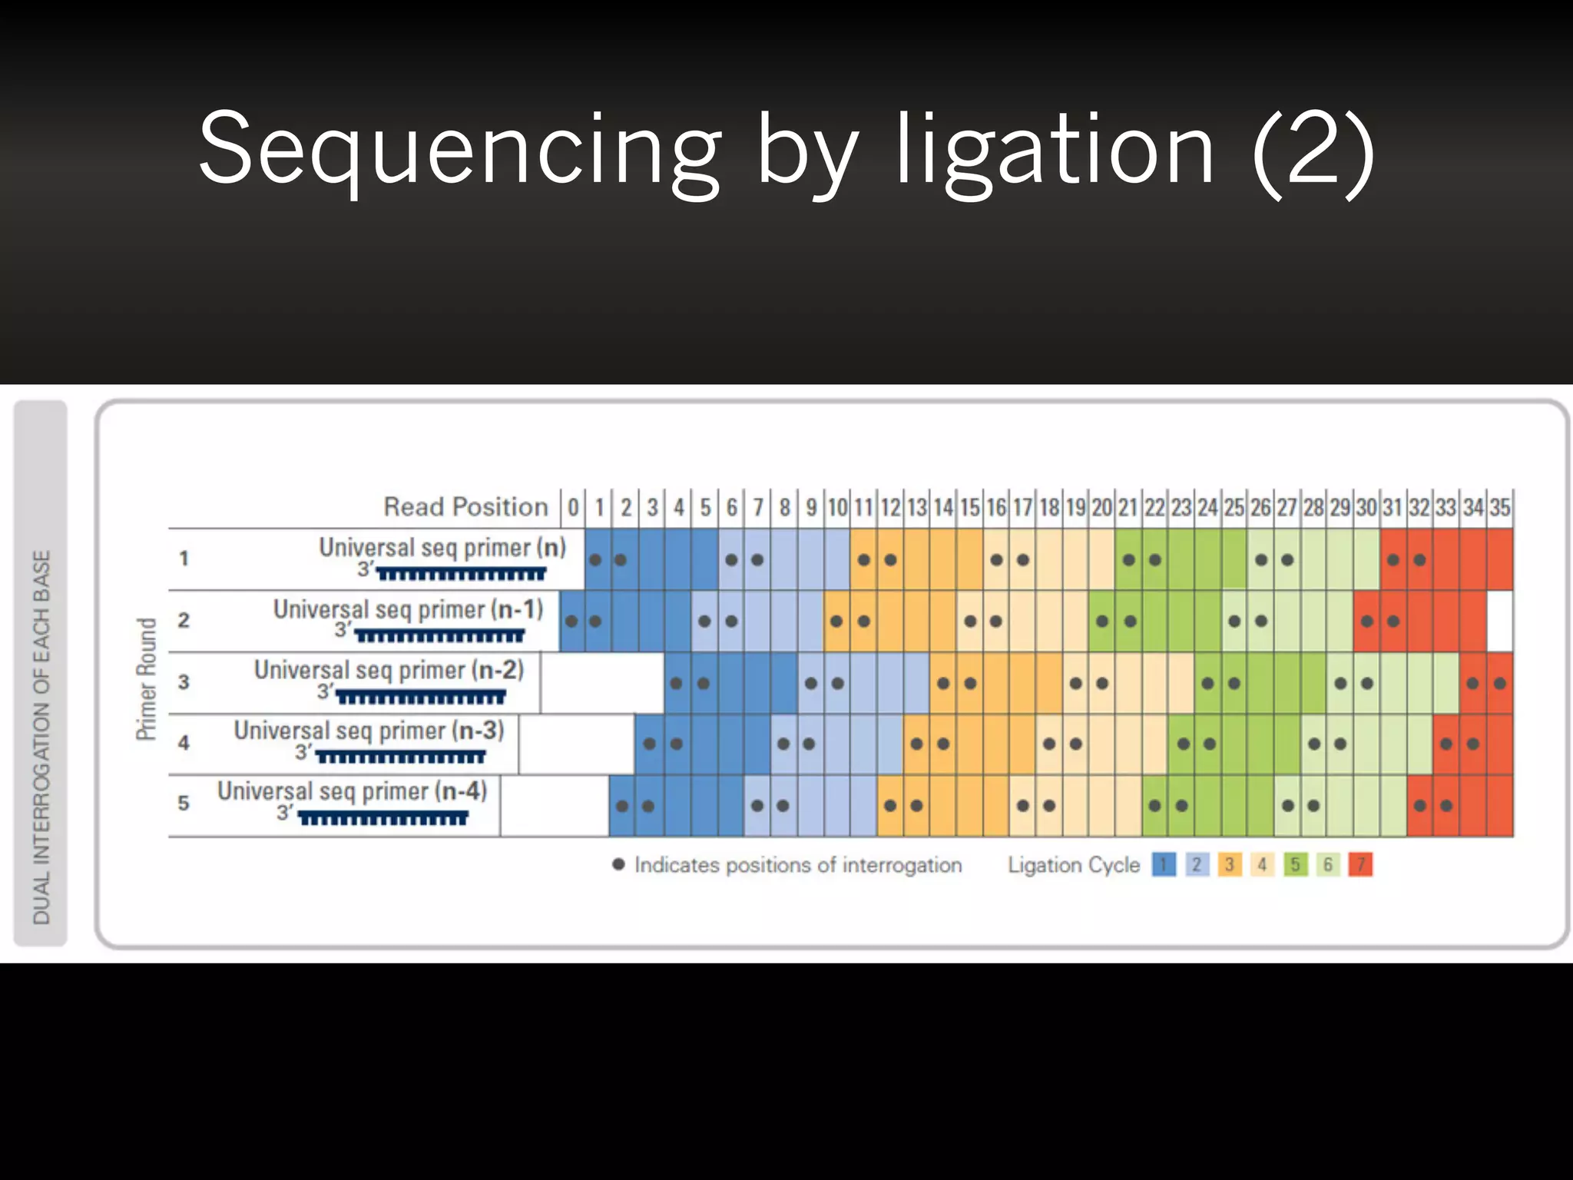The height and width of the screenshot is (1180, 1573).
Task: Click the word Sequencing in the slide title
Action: point(459,149)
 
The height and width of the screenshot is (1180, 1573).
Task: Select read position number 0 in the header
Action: point(573,508)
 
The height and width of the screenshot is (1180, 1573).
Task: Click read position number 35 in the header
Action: point(1500,508)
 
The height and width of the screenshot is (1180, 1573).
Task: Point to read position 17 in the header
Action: point(1022,508)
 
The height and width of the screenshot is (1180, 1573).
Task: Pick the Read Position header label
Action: point(465,507)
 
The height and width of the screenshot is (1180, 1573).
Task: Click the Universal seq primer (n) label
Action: point(442,548)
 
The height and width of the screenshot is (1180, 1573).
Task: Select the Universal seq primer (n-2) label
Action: point(389,670)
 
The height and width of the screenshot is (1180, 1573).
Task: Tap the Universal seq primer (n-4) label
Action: point(352,791)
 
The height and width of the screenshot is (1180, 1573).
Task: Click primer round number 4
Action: point(184,743)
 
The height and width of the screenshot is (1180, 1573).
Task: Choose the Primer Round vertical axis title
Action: point(146,679)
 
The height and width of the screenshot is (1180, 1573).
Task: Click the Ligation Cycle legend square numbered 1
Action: point(1164,865)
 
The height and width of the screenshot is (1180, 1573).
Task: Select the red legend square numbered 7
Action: point(1360,865)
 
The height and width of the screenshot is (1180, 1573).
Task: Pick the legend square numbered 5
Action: point(1295,865)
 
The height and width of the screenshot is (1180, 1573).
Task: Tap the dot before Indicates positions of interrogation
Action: point(618,864)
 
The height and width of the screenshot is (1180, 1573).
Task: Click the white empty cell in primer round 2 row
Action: point(1499,621)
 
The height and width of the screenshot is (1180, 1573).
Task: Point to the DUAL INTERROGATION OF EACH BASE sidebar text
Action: point(41,737)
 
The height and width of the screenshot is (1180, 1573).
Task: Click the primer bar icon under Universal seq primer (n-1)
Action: point(439,636)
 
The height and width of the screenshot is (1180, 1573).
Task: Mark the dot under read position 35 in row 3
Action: point(1499,683)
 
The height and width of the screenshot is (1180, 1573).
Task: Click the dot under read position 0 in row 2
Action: point(571,621)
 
